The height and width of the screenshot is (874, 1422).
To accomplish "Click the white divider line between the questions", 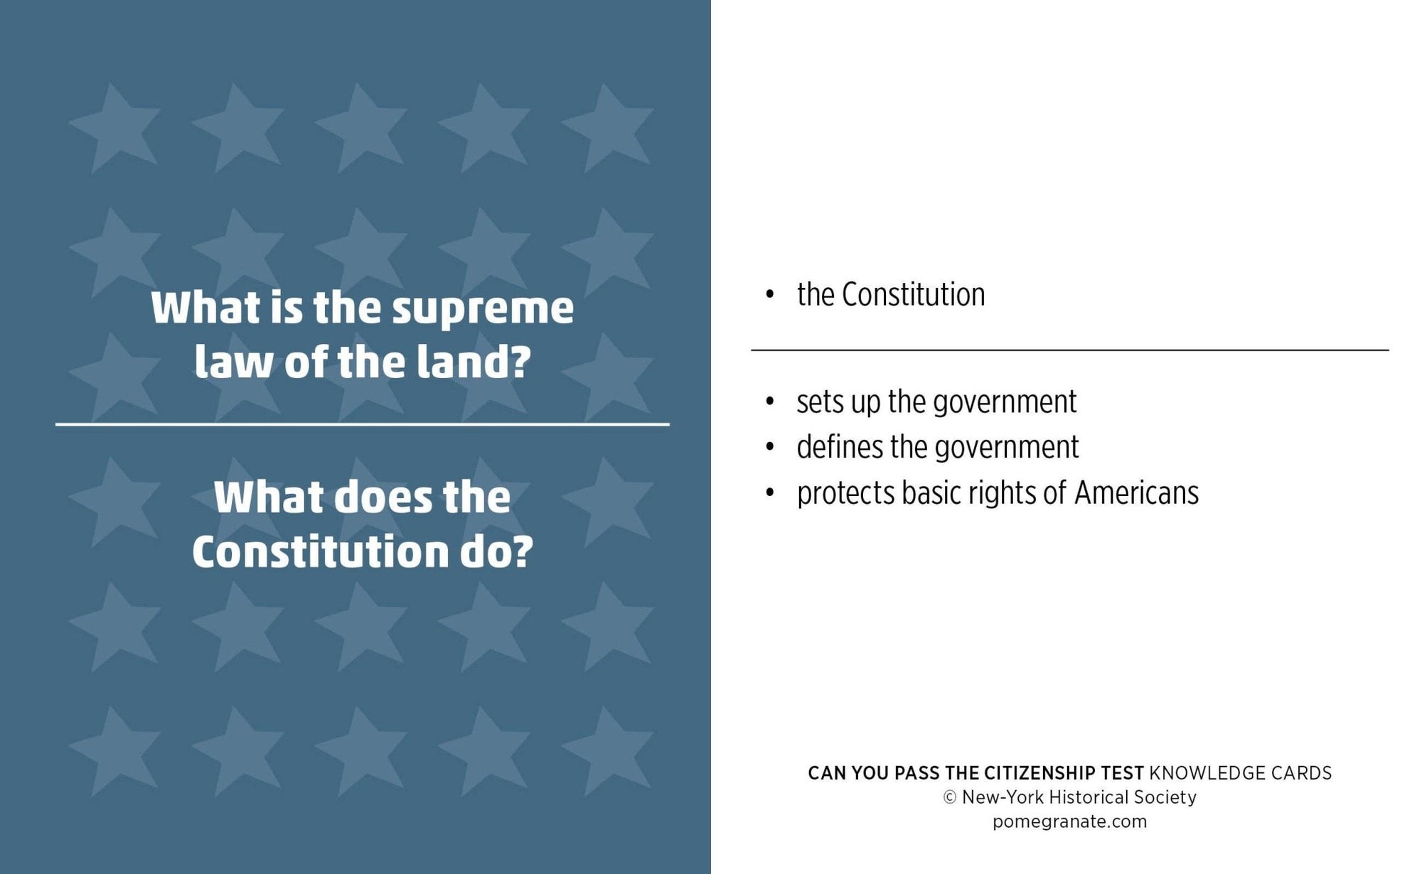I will [x=363, y=424].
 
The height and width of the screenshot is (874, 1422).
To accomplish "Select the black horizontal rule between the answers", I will [x=1069, y=350].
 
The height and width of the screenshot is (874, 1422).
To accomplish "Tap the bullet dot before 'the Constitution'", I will [x=769, y=295].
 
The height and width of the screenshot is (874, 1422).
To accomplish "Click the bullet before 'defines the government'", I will [x=769, y=448].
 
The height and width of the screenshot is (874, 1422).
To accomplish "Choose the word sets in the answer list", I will [x=820, y=402].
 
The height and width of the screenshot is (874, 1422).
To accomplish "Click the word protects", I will [x=845, y=494].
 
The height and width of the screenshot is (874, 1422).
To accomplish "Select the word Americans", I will [x=1136, y=493].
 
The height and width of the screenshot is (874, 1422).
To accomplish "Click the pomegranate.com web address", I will [x=1069, y=821].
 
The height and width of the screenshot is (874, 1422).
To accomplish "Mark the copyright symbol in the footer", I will [x=949, y=798].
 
